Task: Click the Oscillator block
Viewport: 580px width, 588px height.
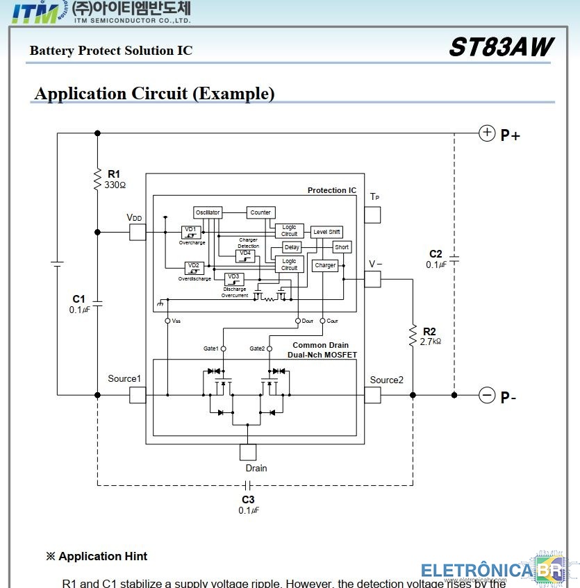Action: pyautogui.click(x=208, y=212)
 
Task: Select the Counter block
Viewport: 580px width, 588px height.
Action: pyautogui.click(x=260, y=212)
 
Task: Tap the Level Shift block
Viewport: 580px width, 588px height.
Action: pyautogui.click(x=326, y=232)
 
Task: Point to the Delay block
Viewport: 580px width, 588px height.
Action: pyautogui.click(x=292, y=247)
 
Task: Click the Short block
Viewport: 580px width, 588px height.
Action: pyautogui.click(x=342, y=247)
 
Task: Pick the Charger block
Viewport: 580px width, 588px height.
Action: pyautogui.click(x=325, y=265)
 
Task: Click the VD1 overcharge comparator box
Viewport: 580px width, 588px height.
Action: pyautogui.click(x=190, y=232)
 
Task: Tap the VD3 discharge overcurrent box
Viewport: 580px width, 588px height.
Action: pyautogui.click(x=234, y=278)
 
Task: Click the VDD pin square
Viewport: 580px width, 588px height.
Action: pyautogui.click(x=138, y=232)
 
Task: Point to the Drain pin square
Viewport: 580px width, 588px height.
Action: pyautogui.click(x=248, y=452)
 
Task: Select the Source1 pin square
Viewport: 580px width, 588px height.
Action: pyautogui.click(x=138, y=395)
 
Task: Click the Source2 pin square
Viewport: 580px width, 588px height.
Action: pyautogui.click(x=373, y=395)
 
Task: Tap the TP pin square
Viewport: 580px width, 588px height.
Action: pyautogui.click(x=373, y=215)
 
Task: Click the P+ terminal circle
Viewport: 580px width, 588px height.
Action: pyautogui.click(x=488, y=133)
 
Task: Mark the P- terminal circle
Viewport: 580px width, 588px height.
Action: pyautogui.click(x=488, y=396)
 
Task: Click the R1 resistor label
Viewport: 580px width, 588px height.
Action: pyautogui.click(x=114, y=174)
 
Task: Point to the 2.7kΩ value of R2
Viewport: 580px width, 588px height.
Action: pyautogui.click(x=431, y=342)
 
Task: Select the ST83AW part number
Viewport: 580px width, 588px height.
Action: pyautogui.click(x=501, y=47)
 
